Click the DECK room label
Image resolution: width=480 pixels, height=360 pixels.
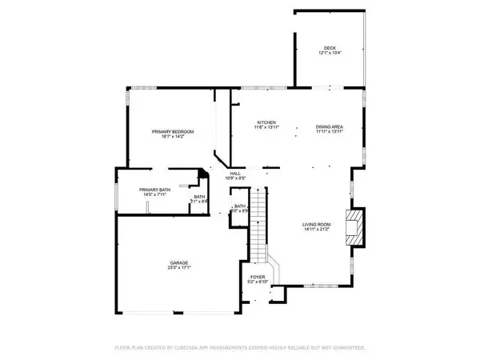tap(330, 47)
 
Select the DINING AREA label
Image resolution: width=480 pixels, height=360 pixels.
tap(330, 126)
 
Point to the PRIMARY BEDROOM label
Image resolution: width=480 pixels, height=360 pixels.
tap(173, 131)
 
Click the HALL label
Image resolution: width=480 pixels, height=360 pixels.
tap(235, 173)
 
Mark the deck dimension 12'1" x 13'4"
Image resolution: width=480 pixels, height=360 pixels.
tap(330, 53)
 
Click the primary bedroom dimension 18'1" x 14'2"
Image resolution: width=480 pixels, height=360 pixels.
tap(173, 137)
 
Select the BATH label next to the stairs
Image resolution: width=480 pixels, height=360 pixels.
tap(239, 206)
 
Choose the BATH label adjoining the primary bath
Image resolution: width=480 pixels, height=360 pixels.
tap(199, 196)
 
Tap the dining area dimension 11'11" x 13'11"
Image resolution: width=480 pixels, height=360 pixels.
tap(330, 132)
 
